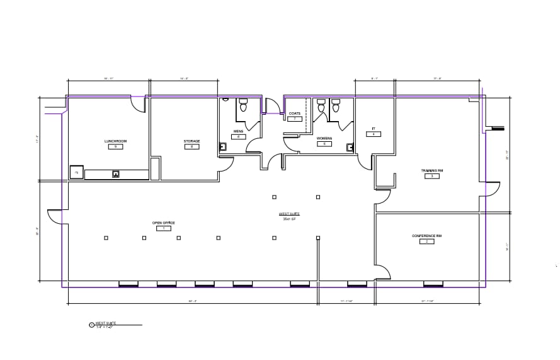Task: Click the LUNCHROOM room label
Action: pyautogui.click(x=115, y=141)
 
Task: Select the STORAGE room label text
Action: pyautogui.click(x=191, y=141)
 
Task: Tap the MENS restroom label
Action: pyautogui.click(x=238, y=132)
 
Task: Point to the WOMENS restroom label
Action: pyautogui.click(x=324, y=138)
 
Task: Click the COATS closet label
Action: pyautogui.click(x=294, y=113)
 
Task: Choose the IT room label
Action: pyautogui.click(x=374, y=129)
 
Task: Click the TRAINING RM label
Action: pyautogui.click(x=432, y=170)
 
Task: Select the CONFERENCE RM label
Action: pyautogui.click(x=427, y=236)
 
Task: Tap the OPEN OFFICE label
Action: pyautogui.click(x=163, y=223)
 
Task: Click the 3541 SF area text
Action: pyautogui.click(x=289, y=219)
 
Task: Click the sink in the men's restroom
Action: pyautogui.click(x=222, y=146)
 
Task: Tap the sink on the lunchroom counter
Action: pyautogui.click(x=116, y=173)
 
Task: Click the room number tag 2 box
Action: pyautogui.click(x=427, y=241)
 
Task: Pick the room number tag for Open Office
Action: pyautogui.click(x=163, y=228)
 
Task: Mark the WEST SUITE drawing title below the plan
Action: pyautogui.click(x=105, y=323)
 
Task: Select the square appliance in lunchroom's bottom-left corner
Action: pyautogui.click(x=76, y=172)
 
